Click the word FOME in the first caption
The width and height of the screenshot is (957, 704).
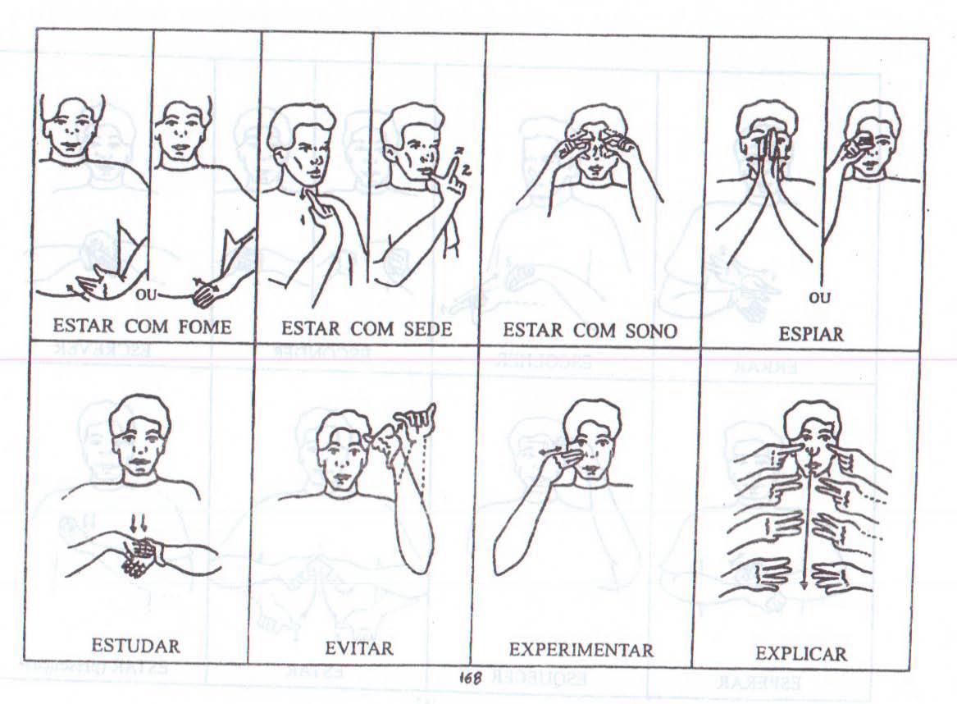(x=204, y=327)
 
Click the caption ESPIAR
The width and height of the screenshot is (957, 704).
(x=810, y=334)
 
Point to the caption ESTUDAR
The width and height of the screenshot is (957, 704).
(x=135, y=646)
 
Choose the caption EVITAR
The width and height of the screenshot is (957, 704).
(x=359, y=648)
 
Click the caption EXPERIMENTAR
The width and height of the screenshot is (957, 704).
(x=581, y=650)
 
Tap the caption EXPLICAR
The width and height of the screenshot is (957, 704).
(x=800, y=654)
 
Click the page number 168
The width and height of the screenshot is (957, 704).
(x=469, y=677)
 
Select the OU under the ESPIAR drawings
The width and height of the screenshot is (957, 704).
(x=819, y=298)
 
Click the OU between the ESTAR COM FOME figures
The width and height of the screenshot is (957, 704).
(x=146, y=295)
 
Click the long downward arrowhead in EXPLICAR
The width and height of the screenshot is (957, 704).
(x=804, y=585)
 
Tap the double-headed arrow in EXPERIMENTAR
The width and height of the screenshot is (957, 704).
(x=554, y=450)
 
